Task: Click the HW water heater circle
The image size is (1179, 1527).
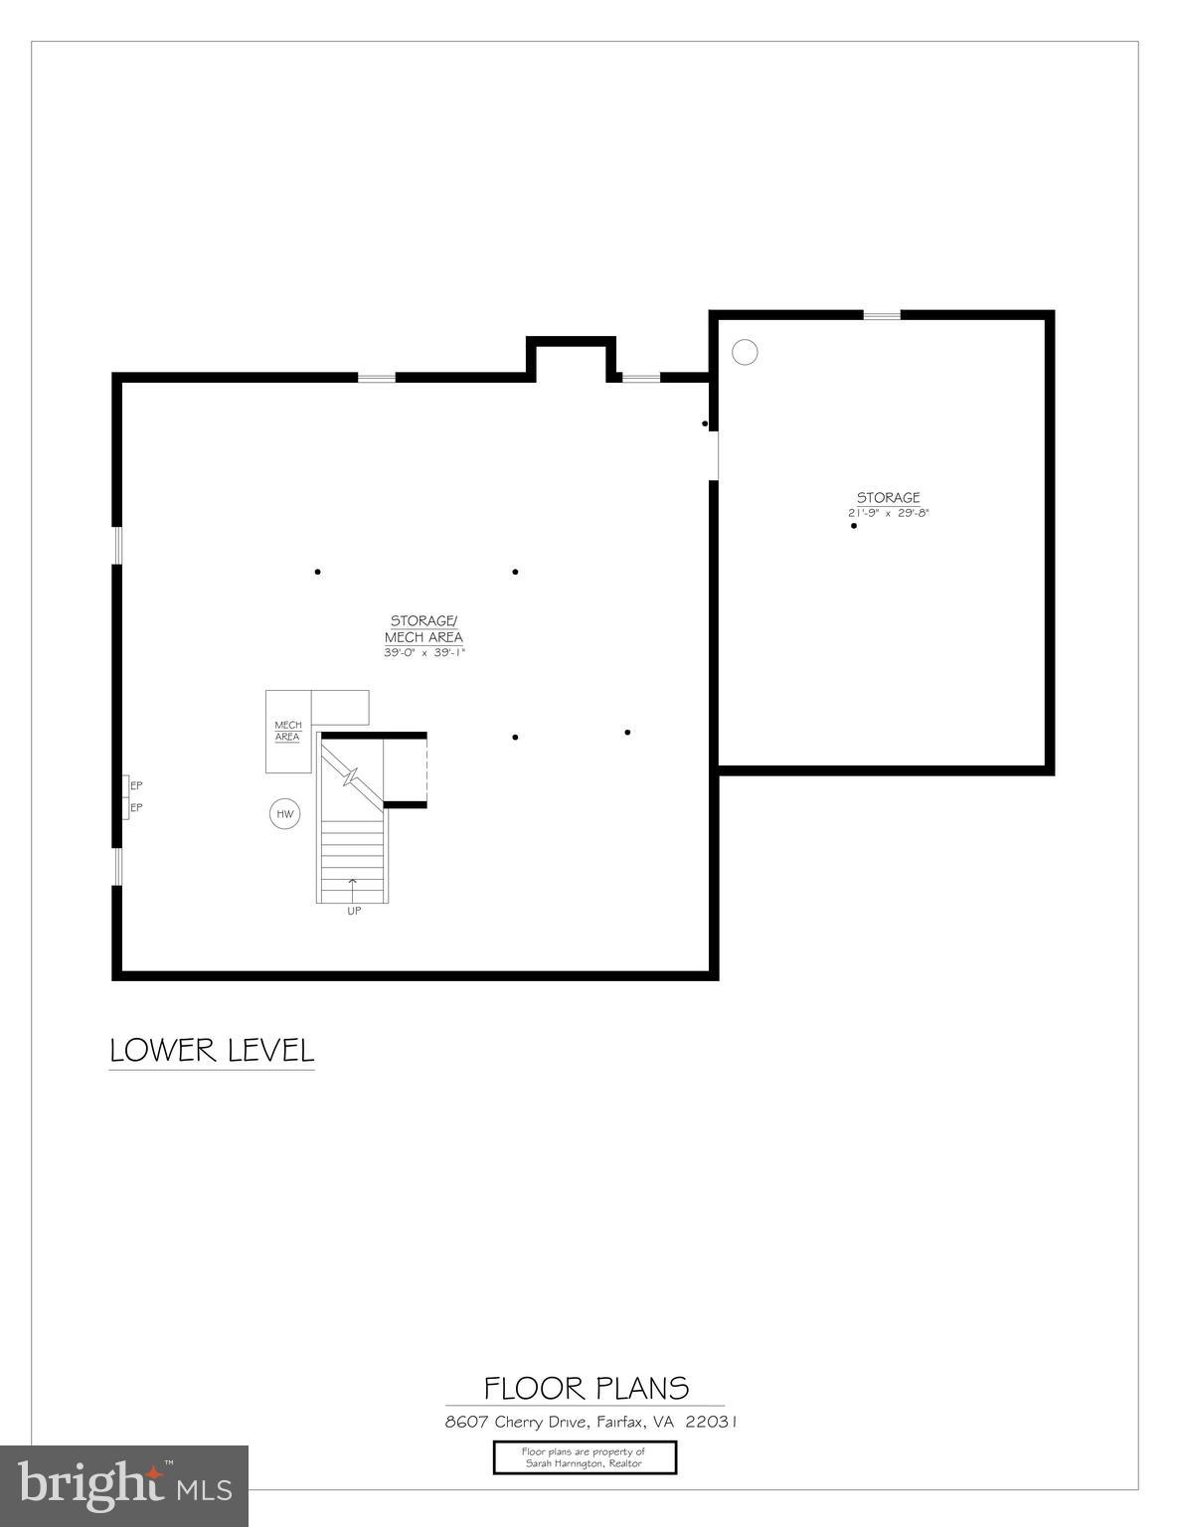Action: (285, 815)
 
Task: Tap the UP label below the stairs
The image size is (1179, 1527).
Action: (354, 912)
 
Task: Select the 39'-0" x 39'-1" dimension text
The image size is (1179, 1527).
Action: (424, 653)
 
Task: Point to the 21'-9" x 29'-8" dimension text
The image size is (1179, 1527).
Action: (889, 513)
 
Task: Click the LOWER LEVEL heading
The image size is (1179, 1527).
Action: (212, 1051)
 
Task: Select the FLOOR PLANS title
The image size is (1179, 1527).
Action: (587, 1388)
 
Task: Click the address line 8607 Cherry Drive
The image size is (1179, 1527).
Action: (590, 1422)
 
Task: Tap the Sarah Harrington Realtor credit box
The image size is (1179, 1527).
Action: (585, 1457)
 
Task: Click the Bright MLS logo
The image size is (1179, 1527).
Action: (124, 1485)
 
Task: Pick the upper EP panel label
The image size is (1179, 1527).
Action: (136, 785)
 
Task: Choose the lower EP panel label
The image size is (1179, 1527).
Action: (136, 807)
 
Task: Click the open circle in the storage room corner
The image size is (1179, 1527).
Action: (745, 352)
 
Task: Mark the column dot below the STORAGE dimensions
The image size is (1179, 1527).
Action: (854, 526)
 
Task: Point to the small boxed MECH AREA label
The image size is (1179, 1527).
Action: (287, 732)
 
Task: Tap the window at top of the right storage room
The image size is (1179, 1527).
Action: (882, 315)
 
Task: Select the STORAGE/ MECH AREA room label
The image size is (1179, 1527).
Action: (424, 629)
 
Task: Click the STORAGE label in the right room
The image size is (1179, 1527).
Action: (889, 497)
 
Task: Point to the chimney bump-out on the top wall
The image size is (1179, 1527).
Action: (571, 358)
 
